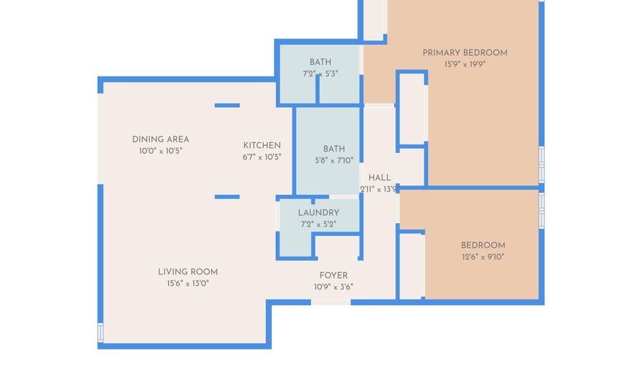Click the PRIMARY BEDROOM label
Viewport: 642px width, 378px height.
point(464,53)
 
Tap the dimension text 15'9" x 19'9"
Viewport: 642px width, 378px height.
point(464,64)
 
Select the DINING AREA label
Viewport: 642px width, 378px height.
point(160,139)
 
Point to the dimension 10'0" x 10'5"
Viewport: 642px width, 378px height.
point(160,151)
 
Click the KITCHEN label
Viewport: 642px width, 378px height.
point(262,145)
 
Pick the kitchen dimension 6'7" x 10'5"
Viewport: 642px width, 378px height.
point(262,156)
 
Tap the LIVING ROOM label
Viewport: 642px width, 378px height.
point(188,272)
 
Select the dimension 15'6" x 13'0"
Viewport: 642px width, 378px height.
point(188,283)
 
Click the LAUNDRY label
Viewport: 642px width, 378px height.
point(318,213)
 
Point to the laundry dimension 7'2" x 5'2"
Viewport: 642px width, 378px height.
point(318,224)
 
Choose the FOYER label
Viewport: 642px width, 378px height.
point(333,275)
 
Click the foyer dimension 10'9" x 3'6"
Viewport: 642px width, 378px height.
point(333,287)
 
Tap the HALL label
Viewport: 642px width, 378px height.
point(379,177)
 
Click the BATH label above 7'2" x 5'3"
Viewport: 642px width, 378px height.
point(320,62)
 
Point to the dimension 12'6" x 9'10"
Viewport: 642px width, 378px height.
point(482,257)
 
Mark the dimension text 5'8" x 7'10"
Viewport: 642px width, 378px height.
point(334,160)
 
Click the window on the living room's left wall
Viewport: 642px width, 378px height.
point(101,332)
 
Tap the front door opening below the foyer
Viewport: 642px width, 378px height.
point(331,302)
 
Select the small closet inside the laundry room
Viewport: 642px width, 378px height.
point(337,246)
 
